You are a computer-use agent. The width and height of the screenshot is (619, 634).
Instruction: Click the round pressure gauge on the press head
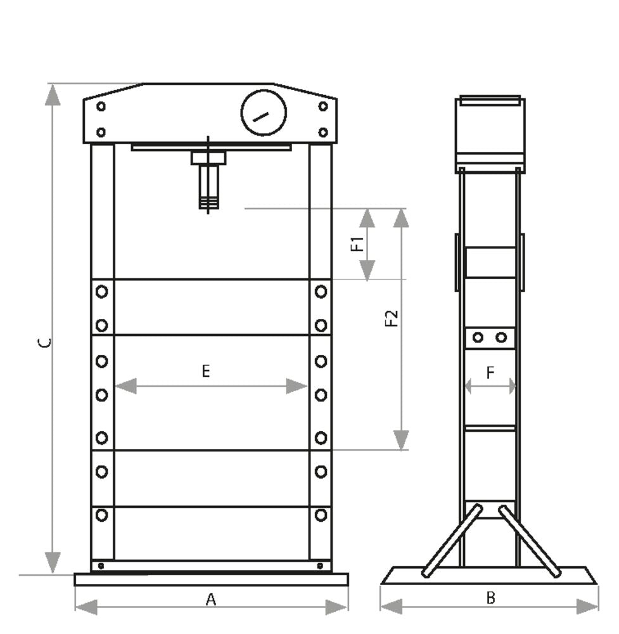pos(264,113)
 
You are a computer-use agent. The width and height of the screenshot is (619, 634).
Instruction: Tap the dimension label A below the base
pos(211,598)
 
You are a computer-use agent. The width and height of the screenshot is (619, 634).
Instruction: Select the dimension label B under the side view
pos(490,597)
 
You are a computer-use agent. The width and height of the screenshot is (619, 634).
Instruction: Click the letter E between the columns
pos(206,372)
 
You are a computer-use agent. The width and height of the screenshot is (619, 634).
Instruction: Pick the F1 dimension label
pos(358,243)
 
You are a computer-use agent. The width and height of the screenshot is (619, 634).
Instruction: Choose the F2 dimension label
pos(392,318)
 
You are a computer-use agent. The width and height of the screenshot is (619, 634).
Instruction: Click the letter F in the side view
pos(490,373)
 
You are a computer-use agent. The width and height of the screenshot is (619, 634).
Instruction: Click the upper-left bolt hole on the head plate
pos(101,107)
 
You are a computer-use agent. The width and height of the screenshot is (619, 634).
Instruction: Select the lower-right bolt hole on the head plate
pos(323,132)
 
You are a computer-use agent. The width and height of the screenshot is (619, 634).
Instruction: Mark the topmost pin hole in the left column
pos(101,292)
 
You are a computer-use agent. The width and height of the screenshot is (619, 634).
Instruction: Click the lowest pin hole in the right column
pos(321,515)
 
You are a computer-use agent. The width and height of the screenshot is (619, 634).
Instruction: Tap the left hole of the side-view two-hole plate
pos(478,338)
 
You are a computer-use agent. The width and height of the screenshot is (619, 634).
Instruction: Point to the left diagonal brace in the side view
pos(452,541)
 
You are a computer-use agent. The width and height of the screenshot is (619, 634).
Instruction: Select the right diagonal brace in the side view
pos(530,541)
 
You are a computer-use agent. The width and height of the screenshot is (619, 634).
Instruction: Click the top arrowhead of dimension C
pos(53,94)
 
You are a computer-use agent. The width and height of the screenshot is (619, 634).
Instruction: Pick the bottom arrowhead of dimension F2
pos(401,439)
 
